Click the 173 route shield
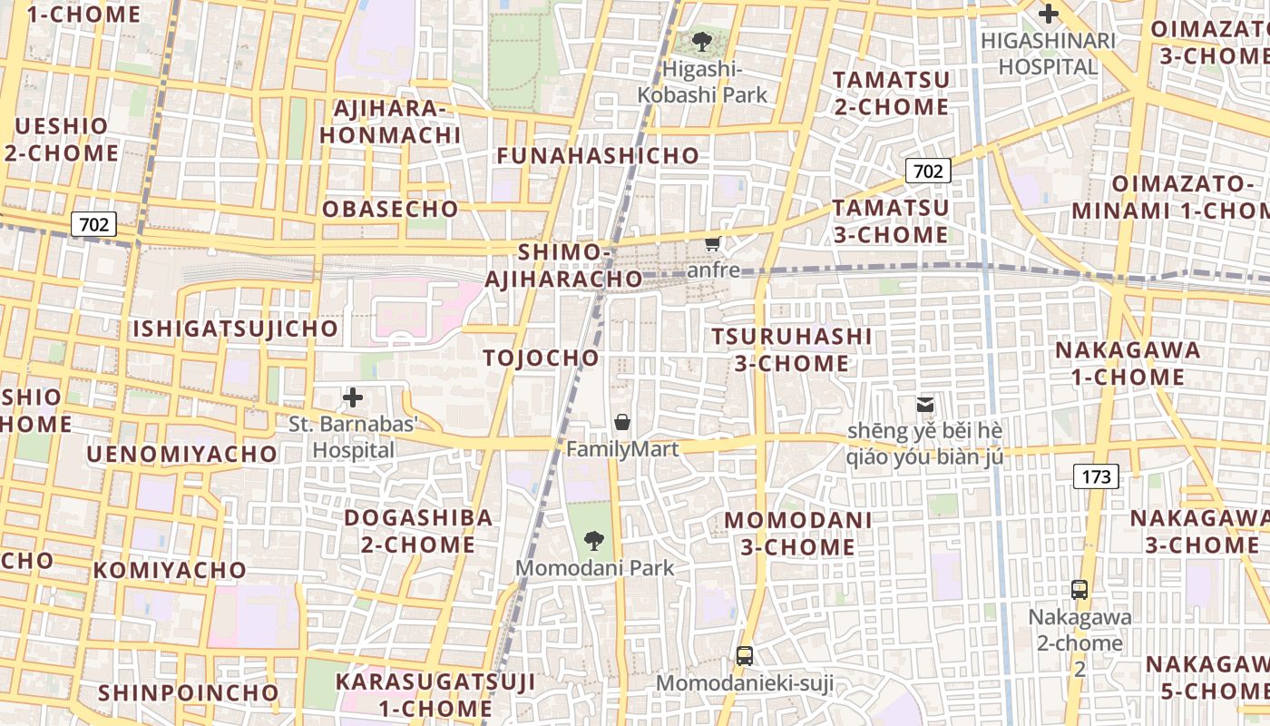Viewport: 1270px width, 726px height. coord(1096,476)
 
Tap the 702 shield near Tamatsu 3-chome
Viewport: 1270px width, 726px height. coord(927,170)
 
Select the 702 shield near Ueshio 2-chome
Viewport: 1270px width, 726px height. coord(94,224)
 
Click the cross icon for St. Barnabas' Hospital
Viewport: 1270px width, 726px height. coord(353,397)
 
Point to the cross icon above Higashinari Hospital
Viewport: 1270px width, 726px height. coord(1049,14)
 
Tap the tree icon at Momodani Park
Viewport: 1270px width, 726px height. coord(594,542)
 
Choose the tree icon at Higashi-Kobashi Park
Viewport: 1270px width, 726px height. coord(701,42)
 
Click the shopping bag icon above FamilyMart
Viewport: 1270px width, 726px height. coord(622,422)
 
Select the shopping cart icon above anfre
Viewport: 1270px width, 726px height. coord(713,243)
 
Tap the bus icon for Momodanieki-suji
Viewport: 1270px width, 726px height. coord(744,655)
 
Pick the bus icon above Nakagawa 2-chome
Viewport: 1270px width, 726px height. coord(1079,590)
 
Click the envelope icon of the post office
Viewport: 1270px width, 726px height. coord(925,404)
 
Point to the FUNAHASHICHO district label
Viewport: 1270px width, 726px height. coord(598,156)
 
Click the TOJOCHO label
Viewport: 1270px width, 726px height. coord(542,358)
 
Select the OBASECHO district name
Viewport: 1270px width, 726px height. coord(390,209)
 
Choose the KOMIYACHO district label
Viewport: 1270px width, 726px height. coord(170,570)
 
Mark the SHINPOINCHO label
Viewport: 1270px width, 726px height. coord(189,692)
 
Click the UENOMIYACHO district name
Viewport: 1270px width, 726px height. coord(182,454)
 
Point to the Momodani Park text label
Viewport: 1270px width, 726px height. coord(595,568)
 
